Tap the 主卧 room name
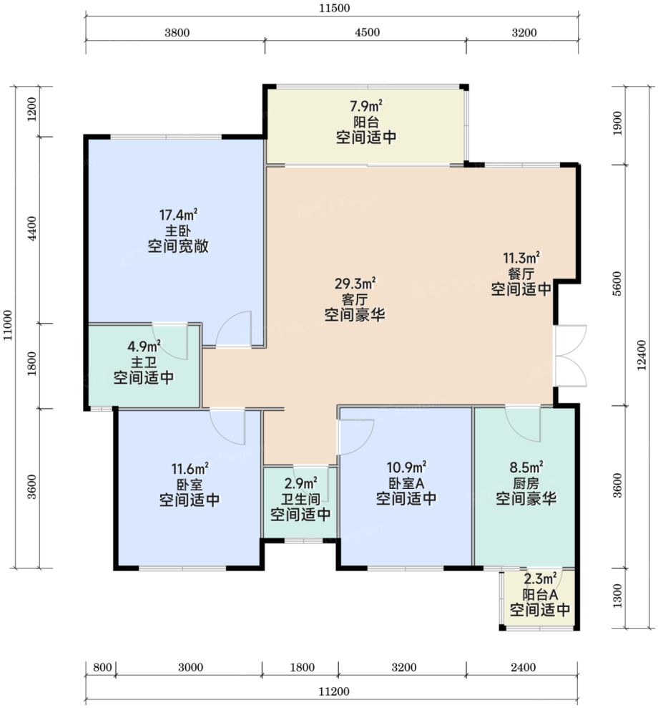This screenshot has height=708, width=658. coord(177,231)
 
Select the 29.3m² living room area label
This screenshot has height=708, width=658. coord(355,283)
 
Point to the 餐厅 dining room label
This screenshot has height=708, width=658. coord(521,273)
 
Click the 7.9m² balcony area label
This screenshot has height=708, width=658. coord(365,106)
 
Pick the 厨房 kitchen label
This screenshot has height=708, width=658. coord(526,483)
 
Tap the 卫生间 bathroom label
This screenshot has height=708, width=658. coord(300,499)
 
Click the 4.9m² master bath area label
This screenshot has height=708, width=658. coord(144,346)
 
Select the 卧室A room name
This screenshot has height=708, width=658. coord(406,483)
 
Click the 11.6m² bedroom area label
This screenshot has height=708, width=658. coord(190,469)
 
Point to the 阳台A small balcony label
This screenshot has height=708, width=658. coord(540,594)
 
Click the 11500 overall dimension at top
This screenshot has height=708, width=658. coord(333,9)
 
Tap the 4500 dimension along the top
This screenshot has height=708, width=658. coord(367,32)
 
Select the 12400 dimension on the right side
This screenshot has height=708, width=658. coord(642,355)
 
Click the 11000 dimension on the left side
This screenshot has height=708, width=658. coord(9,326)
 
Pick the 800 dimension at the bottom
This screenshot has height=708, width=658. coord(102,667)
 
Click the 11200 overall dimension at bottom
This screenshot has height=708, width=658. coord(334,692)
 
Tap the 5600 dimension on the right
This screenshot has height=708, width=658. coord(617,283)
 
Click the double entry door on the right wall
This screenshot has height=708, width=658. coord(571,355)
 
